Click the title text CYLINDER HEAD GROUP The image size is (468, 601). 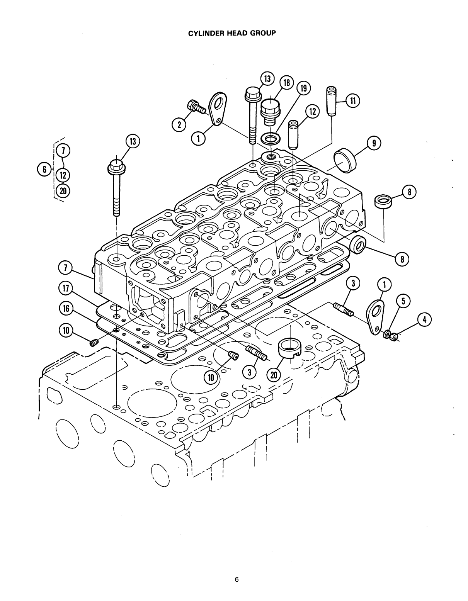pyautogui.click(x=232, y=33)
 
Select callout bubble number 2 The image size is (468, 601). pyautogui.click(x=179, y=124)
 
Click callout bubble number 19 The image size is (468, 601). pyautogui.click(x=303, y=89)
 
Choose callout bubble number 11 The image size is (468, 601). pyautogui.click(x=352, y=100)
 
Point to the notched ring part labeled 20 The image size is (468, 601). pyautogui.click(x=289, y=346)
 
